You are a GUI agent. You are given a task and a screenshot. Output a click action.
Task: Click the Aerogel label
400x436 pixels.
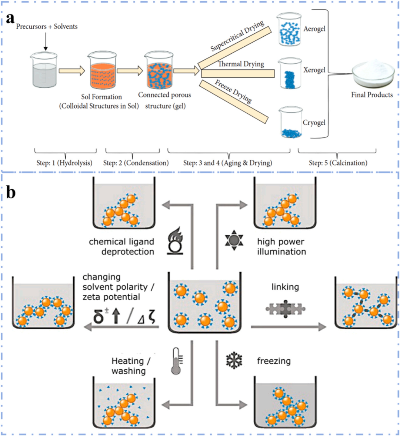point(314,29)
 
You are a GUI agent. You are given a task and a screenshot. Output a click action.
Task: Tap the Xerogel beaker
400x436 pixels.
point(290,73)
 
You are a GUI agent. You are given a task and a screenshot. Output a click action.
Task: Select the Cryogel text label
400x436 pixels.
point(314,123)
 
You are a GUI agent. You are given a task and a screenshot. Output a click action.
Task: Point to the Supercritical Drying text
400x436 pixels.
point(237,36)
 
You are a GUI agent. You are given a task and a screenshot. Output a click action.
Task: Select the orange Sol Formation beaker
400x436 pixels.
point(102,71)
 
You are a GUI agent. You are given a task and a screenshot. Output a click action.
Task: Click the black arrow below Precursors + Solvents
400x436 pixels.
point(46,42)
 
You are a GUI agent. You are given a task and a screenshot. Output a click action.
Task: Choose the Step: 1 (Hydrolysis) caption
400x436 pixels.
point(64,163)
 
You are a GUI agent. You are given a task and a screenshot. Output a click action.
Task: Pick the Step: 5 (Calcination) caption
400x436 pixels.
point(338,163)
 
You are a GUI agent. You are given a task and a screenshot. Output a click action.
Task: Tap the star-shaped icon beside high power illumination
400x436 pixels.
point(234,240)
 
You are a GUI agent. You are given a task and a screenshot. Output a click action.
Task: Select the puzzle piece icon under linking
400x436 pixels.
point(286,309)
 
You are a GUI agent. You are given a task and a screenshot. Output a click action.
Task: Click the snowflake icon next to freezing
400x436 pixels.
point(234,361)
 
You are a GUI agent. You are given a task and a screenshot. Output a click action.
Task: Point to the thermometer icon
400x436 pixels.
point(177,361)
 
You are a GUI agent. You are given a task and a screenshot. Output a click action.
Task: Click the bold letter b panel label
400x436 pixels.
point(11,192)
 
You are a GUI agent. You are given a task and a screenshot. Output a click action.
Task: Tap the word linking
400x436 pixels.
point(285,287)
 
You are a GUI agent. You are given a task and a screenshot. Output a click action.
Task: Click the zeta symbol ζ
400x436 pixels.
point(151,317)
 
